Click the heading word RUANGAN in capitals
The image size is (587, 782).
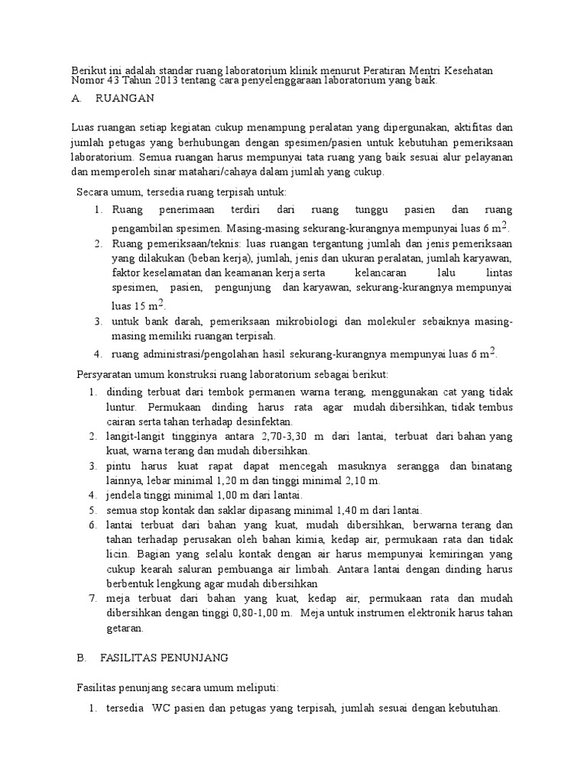click(125, 99)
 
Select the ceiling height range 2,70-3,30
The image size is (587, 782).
click(283, 435)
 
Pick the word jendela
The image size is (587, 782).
click(125, 495)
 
